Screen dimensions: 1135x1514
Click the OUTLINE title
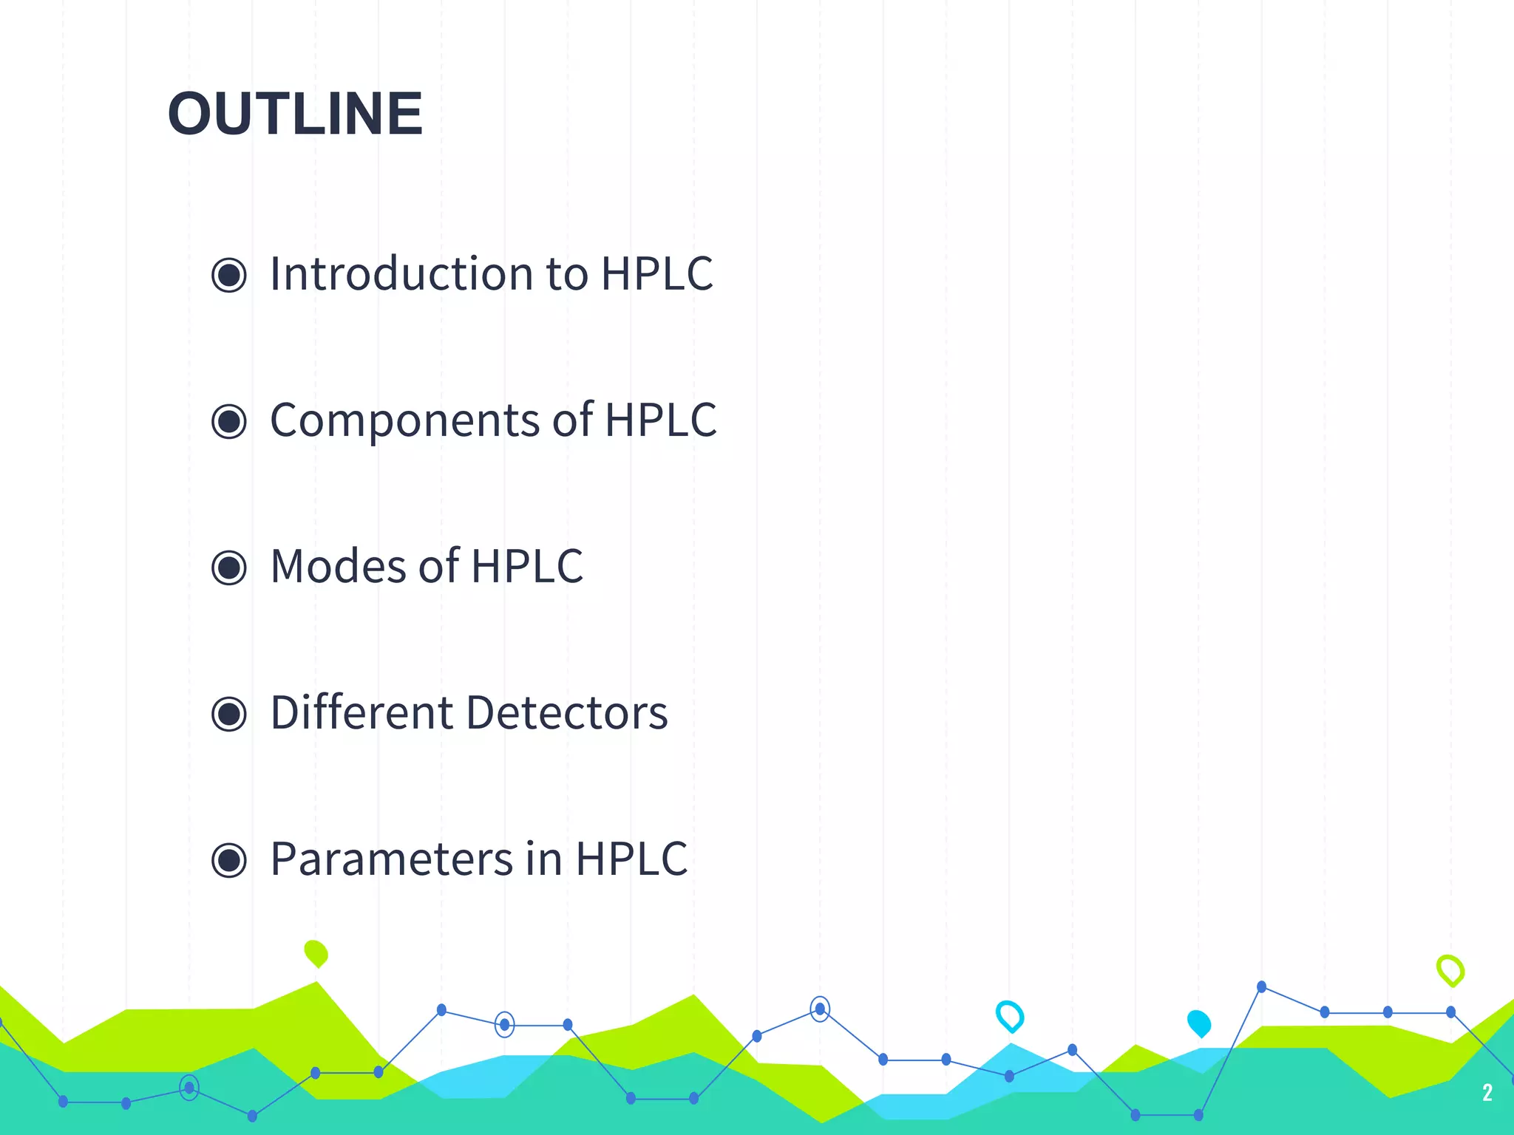tap(295, 114)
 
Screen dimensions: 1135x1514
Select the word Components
tap(405, 420)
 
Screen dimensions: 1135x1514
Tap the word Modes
tap(339, 567)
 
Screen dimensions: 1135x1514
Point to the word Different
tap(361, 713)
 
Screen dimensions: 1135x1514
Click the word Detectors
tap(567, 713)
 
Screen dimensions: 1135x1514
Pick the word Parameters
tap(392, 859)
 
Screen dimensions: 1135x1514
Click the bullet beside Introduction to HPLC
tap(229, 276)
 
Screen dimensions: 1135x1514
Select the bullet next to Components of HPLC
tap(229, 422)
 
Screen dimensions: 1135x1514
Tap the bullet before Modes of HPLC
tap(229, 568)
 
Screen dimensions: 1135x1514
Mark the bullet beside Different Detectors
tap(229, 715)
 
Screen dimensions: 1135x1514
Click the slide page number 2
tap(1487, 1092)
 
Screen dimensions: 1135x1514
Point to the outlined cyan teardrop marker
tap(1010, 1016)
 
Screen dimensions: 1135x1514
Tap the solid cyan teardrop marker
tap(1199, 1023)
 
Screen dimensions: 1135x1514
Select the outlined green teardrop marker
tap(1450, 970)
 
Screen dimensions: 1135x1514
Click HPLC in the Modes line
tap(527, 567)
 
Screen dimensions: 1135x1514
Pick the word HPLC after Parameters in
tap(631, 859)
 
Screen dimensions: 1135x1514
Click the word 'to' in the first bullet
tap(567, 274)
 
